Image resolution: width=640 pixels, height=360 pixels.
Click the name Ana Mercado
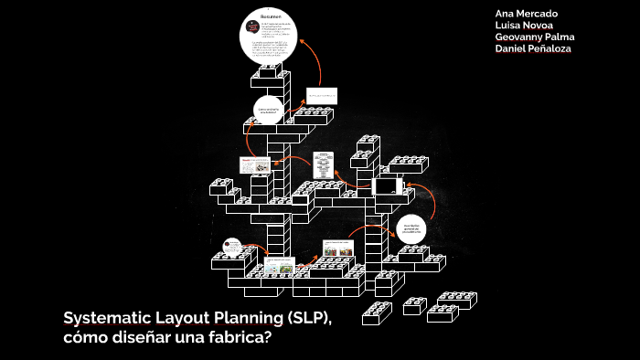pyautogui.click(x=526, y=14)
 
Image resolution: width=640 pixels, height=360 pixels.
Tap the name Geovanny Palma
pyautogui.click(x=535, y=37)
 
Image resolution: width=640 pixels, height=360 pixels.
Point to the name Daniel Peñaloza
pyautogui.click(x=533, y=48)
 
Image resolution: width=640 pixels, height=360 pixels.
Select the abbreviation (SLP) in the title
pyautogui.click(x=306, y=318)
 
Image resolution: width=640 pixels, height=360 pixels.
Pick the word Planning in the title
pyautogui.click(x=241, y=318)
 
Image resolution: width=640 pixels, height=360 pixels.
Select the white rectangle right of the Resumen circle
pyautogui.click(x=321, y=96)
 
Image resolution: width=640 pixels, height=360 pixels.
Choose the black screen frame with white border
pyautogui.click(x=388, y=185)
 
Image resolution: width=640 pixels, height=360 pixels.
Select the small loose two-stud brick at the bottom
pyautogui.click(x=414, y=306)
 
